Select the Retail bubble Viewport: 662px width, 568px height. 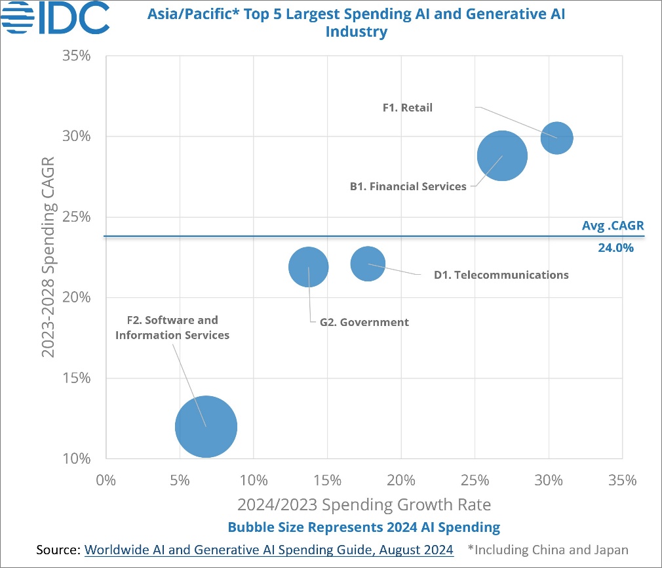tap(556, 138)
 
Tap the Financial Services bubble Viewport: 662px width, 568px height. tap(502, 156)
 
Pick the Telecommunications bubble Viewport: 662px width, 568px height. tap(368, 264)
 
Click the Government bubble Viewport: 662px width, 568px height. tap(308, 267)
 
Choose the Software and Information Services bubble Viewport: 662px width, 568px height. tap(206, 426)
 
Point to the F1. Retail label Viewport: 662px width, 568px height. tap(408, 108)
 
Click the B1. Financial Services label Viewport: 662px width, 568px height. tap(408, 186)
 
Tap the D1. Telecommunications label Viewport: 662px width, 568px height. tap(501, 275)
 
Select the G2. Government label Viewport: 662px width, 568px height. tap(364, 322)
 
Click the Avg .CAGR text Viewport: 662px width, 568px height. tap(613, 226)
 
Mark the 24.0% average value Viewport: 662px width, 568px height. tap(615, 249)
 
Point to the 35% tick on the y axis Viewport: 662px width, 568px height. tap(76, 56)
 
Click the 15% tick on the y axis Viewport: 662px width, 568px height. tap(76, 378)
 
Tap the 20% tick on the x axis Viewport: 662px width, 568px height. tap(401, 480)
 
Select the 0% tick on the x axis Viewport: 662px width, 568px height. tap(106, 480)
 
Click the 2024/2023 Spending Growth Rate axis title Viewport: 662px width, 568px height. tap(364, 505)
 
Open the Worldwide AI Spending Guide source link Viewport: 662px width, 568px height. tap(269, 550)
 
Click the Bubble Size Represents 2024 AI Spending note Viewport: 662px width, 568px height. tap(364, 527)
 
